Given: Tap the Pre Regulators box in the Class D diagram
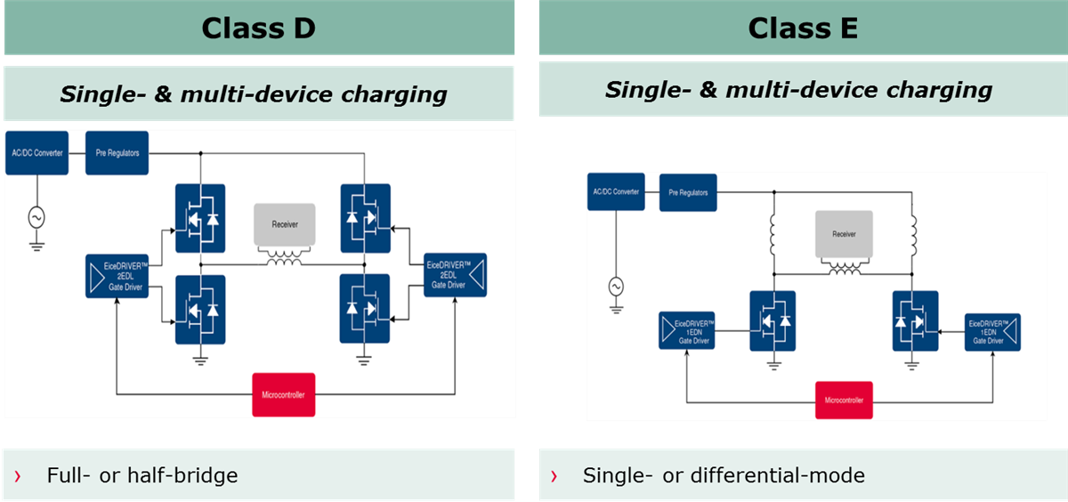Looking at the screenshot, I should click(x=117, y=153).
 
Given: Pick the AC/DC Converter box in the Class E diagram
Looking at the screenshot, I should click(x=615, y=192).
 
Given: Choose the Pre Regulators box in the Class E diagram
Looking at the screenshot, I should click(x=688, y=192).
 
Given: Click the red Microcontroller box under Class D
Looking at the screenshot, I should click(x=285, y=394).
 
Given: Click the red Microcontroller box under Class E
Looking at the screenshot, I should click(x=844, y=400).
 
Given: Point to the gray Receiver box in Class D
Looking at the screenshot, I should click(x=285, y=225).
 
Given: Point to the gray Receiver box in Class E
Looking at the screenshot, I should click(x=844, y=235).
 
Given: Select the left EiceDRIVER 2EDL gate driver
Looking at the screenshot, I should click(x=118, y=275).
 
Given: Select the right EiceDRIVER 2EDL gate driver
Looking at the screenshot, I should click(x=454, y=275).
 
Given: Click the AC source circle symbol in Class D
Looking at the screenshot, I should click(x=36, y=216).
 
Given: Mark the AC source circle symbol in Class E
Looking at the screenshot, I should click(x=615, y=287).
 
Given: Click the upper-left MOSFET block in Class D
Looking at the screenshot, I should click(x=200, y=218).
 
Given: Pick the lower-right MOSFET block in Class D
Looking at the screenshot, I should click(x=364, y=309).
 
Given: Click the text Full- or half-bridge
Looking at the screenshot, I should click(x=142, y=475).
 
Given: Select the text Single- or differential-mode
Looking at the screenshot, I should click(x=724, y=475).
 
